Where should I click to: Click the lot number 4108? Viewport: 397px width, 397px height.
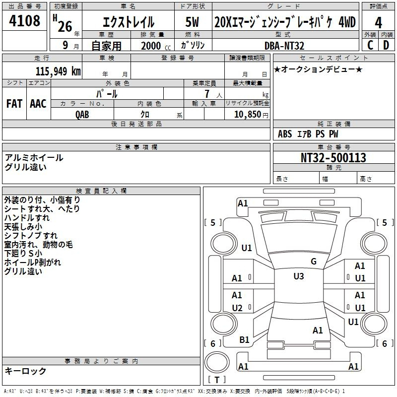24,20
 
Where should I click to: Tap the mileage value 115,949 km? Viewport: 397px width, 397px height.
58,71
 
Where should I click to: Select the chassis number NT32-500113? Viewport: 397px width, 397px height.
333,157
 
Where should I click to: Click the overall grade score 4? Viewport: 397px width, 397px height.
378,23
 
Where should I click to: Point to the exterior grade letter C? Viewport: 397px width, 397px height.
370,45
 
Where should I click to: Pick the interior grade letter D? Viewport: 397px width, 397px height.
386,45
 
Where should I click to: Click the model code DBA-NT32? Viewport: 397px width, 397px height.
284,46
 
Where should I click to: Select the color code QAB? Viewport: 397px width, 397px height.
82,115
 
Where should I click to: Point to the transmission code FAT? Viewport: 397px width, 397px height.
14,104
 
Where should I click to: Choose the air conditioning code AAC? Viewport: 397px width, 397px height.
38,104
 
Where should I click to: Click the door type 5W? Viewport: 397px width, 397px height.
192,22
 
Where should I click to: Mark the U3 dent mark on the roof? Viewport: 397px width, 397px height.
299,276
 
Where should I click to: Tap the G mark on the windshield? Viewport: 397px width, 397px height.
314,261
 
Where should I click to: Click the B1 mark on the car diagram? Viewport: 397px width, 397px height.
244,339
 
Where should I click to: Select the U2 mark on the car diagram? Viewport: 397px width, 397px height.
237,308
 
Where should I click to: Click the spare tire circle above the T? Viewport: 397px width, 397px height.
217,362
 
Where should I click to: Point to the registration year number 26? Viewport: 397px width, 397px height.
65,26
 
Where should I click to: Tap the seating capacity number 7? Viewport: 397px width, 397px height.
207,94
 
